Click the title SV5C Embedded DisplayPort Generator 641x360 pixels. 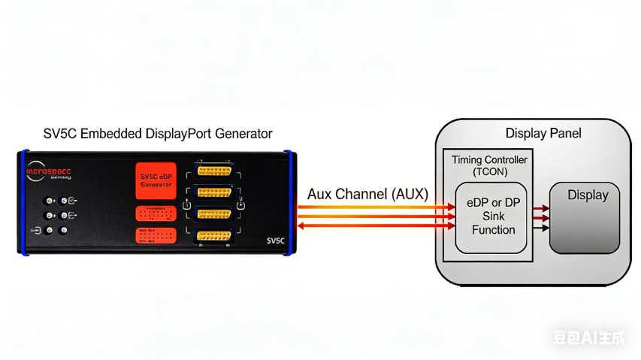[157, 135]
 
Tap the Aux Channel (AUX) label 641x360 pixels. [367, 194]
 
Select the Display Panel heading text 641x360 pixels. [543, 134]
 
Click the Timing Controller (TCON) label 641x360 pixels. [489, 165]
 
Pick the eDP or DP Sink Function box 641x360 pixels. [493, 216]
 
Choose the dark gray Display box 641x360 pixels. [585, 217]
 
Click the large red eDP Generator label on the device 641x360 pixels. [156, 180]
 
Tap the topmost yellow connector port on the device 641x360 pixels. [214, 170]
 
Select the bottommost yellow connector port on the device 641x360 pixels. [214, 236]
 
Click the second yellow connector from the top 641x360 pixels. [214, 192]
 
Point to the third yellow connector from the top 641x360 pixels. [214, 214]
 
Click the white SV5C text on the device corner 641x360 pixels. [276, 241]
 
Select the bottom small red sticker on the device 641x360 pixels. [156, 236]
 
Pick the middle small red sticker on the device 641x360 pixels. [156, 213]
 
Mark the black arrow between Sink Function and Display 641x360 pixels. [541, 227]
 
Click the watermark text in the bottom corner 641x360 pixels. [588, 337]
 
